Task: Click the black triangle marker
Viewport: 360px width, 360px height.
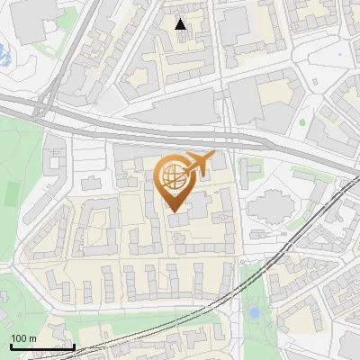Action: tap(181, 23)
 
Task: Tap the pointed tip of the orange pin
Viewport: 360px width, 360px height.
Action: tap(175, 212)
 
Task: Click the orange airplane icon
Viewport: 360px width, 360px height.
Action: tap(196, 166)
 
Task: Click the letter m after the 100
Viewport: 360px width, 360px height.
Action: tap(33, 338)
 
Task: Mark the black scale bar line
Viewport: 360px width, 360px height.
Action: tap(41, 346)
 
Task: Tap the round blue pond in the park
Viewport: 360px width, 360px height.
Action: tap(255, 313)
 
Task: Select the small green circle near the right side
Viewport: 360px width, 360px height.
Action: tap(303, 121)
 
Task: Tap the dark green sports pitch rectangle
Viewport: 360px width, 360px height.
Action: tap(11, 193)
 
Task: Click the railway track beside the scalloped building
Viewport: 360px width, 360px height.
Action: tap(310, 225)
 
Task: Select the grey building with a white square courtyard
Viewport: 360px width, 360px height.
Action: tap(96, 228)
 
